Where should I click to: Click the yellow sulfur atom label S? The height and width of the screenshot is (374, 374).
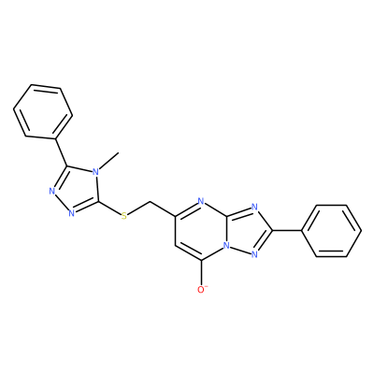coord(124,216)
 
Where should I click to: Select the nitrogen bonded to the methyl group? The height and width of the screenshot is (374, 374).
coord(96,172)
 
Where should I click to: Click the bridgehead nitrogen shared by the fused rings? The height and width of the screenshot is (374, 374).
coord(227,245)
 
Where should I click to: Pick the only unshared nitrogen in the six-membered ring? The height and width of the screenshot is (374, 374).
coord(201,201)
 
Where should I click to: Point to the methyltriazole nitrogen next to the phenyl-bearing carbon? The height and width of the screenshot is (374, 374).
coord(52,191)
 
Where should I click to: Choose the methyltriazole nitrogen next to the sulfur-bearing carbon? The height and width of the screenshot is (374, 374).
coord(71,213)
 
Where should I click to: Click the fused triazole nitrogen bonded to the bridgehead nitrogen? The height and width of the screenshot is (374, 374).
coord(254,255)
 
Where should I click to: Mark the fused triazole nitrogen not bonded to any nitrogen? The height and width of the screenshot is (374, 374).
coord(254,207)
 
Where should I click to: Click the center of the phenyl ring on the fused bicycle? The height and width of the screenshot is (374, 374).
coord(331,231)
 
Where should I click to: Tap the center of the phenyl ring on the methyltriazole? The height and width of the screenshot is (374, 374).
coord(43,110)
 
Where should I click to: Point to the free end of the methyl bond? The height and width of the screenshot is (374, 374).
coord(119,152)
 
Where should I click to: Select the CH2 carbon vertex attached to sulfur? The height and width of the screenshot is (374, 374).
coord(151,202)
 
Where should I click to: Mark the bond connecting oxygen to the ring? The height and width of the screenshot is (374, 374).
coord(202,272)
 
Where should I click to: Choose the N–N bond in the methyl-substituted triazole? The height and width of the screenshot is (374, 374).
coord(62,202)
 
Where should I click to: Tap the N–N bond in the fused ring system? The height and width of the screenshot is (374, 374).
coord(241,251)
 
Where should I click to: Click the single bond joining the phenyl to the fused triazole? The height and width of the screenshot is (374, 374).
coord(287,231)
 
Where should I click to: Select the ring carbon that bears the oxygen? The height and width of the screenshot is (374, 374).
coord(202,260)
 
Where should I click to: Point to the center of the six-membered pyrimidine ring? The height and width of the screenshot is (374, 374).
coord(202,231)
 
